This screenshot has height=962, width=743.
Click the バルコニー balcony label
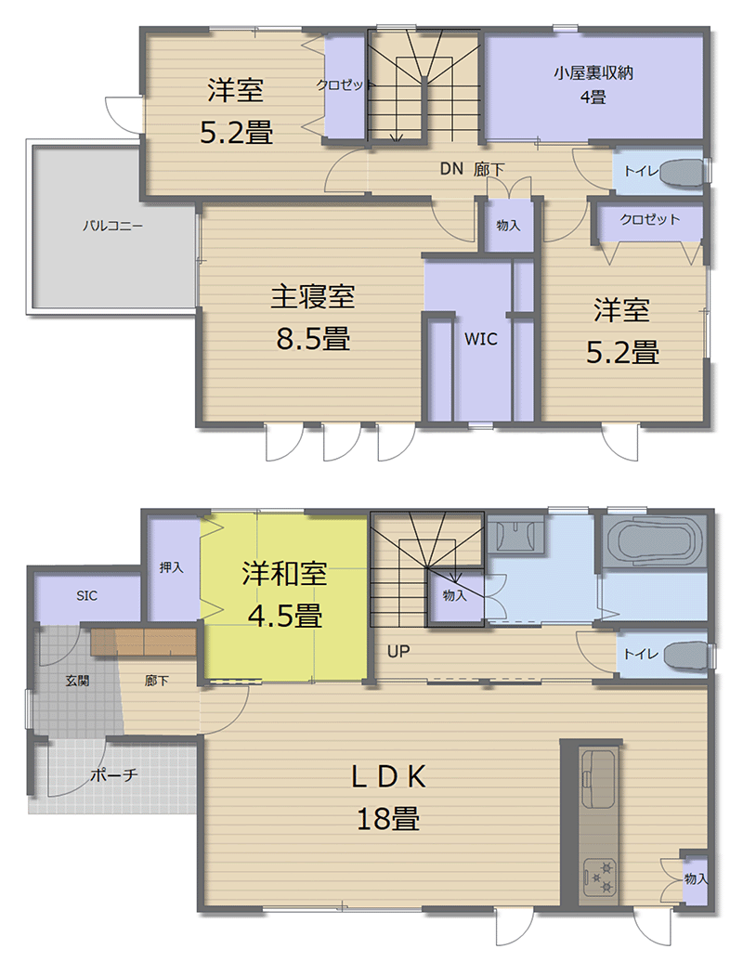tap(112, 225)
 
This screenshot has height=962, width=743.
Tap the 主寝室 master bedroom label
tap(312, 297)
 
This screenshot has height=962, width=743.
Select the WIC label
tap(481, 340)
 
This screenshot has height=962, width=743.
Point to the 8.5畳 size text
tap(312, 339)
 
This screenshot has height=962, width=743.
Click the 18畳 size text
tap(387, 818)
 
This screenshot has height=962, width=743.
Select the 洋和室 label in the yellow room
tap(284, 574)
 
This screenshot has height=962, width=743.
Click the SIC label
tap(86, 596)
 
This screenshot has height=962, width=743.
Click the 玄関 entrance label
tap(77, 680)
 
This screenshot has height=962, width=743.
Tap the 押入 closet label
tap(171, 567)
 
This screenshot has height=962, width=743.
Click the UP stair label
tap(398, 652)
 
